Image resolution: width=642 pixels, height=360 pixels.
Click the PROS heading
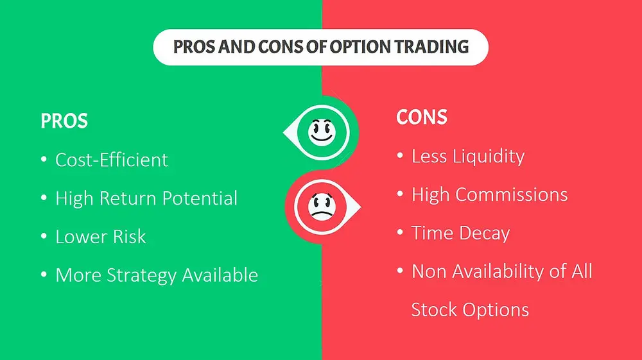[x=64, y=121]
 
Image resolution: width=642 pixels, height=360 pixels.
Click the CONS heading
[x=422, y=117]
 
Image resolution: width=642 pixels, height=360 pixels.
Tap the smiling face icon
[x=322, y=132]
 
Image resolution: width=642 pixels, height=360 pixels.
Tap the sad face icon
[x=322, y=207]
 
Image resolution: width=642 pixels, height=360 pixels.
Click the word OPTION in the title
[x=360, y=47]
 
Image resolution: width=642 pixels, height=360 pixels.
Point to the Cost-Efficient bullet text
[x=111, y=160]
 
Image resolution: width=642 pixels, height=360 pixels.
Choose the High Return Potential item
[x=146, y=198]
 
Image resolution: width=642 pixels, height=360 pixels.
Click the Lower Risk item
[x=100, y=236]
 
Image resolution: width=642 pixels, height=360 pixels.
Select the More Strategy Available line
[x=157, y=275]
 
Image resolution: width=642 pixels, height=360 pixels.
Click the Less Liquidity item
[x=468, y=157]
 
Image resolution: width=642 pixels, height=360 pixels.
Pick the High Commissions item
[x=489, y=194]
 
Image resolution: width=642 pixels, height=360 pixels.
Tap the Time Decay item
[x=460, y=233]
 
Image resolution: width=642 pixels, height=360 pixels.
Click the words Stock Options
[x=470, y=310]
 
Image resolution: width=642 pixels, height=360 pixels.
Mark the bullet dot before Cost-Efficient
[x=44, y=159]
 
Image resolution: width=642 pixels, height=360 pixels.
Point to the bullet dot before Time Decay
[x=400, y=232]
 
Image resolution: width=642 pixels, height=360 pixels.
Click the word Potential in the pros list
[x=200, y=198]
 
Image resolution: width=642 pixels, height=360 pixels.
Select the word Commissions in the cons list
[x=512, y=194]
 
